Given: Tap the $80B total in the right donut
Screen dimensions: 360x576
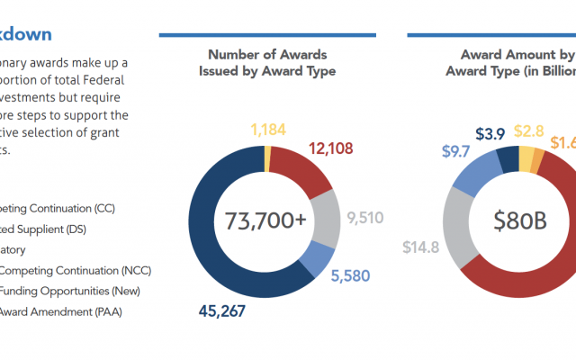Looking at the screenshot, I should click(x=514, y=220).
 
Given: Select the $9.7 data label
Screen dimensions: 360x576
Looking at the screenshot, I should click(x=457, y=150).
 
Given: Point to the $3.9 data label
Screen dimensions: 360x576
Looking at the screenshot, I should click(x=491, y=133).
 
